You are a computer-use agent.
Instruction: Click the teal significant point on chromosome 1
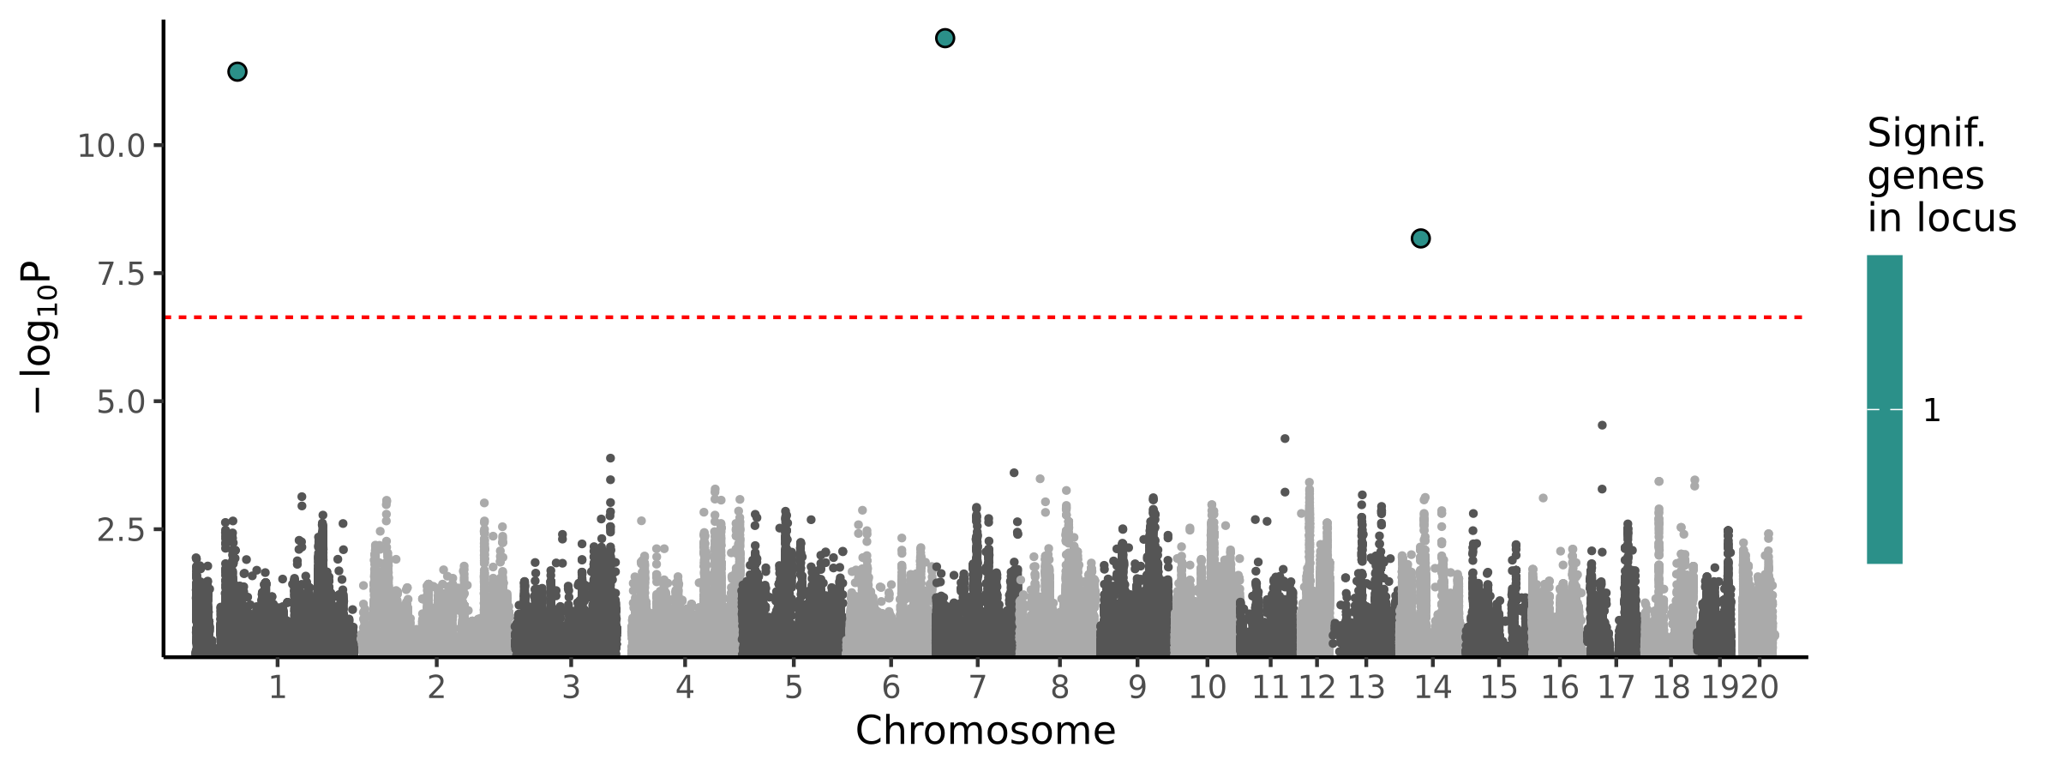pyautogui.click(x=237, y=71)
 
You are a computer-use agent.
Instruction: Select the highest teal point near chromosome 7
pyautogui.click(x=945, y=38)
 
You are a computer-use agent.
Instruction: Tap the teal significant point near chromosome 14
pyautogui.click(x=1420, y=238)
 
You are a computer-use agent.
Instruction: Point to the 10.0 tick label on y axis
pyautogui.click(x=111, y=146)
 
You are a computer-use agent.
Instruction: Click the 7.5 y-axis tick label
pyautogui.click(x=120, y=274)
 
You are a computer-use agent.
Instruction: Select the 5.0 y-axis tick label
pyautogui.click(x=120, y=401)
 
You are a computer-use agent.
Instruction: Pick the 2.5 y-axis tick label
pyautogui.click(x=120, y=530)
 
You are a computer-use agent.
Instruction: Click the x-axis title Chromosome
pyautogui.click(x=986, y=731)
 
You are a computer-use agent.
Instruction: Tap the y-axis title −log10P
pyautogui.click(x=39, y=339)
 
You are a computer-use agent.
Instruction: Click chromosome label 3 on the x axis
pyautogui.click(x=571, y=687)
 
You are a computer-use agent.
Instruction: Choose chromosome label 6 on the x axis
pyautogui.click(x=891, y=687)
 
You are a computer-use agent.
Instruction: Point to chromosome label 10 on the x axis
pyautogui.click(x=1207, y=687)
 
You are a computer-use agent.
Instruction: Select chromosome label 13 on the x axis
pyautogui.click(x=1366, y=687)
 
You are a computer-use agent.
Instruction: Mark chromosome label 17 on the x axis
pyautogui.click(x=1616, y=687)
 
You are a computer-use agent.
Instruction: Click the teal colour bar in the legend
pyautogui.click(x=1885, y=409)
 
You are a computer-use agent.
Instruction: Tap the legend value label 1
pyautogui.click(x=1932, y=411)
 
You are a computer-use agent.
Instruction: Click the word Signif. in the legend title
pyautogui.click(x=1926, y=134)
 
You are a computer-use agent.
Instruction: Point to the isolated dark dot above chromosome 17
pyautogui.click(x=1602, y=425)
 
